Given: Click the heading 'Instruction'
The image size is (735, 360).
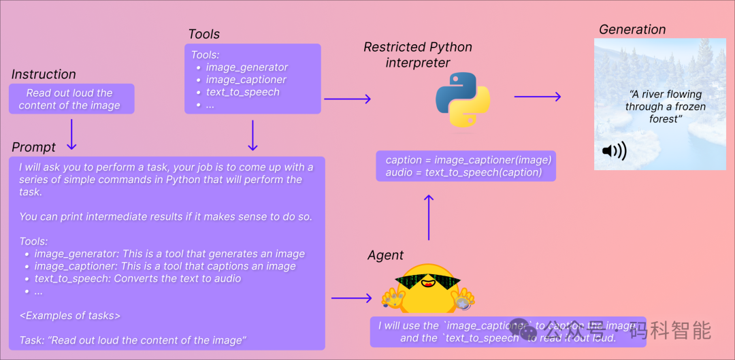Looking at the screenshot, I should click(44, 74).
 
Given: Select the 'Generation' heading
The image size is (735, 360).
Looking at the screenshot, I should click(632, 29).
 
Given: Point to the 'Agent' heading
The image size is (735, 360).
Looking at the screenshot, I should click(385, 255).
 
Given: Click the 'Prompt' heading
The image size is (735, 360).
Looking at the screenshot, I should click(34, 147).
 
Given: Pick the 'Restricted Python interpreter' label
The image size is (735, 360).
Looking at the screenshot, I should click(418, 54).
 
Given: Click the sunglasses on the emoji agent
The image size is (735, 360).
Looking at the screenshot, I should click(428, 281).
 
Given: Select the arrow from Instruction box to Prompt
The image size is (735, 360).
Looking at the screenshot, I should click(71, 134).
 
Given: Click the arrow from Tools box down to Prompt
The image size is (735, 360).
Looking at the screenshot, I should click(252, 135).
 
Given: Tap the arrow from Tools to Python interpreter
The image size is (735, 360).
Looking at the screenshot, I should click(347, 99).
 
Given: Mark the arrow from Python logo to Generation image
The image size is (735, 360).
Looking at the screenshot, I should click(537, 97).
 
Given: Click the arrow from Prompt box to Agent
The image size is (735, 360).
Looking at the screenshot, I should click(351, 298).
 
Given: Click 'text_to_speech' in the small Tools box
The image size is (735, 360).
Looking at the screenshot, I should click(242, 92).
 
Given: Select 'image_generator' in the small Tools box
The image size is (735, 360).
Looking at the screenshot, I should click(246, 67).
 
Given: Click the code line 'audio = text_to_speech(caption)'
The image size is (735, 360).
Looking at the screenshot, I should click(463, 172).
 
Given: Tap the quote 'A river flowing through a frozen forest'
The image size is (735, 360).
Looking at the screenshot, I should click(665, 106).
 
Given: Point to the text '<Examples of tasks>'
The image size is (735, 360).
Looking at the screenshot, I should click(70, 315).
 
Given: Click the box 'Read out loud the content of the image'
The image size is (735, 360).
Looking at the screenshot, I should click(71, 99).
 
